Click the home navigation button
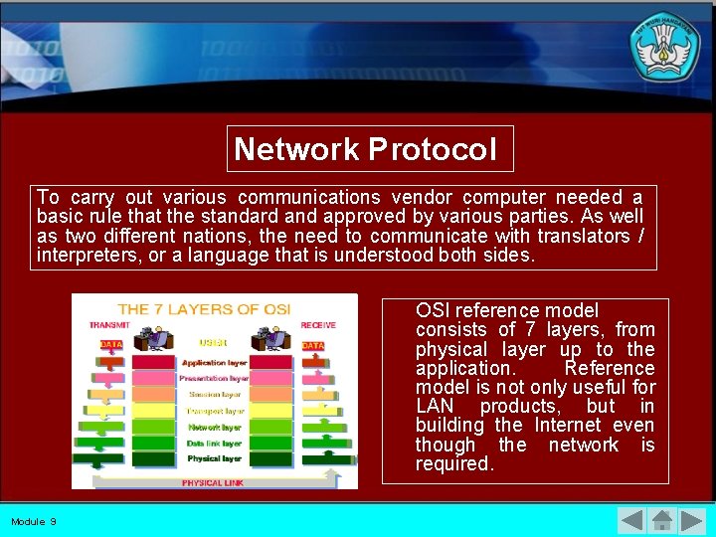[662, 520]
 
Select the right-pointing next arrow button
[692, 520]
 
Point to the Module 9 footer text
[34, 521]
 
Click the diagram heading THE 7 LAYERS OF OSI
[205, 309]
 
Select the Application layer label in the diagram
[214, 363]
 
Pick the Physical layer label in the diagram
[214, 458]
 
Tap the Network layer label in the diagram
[214, 427]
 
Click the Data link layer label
[214, 443]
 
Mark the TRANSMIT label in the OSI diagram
[109, 325]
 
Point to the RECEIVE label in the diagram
[318, 325]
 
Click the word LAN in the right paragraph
[435, 406]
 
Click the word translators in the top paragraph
[579, 236]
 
